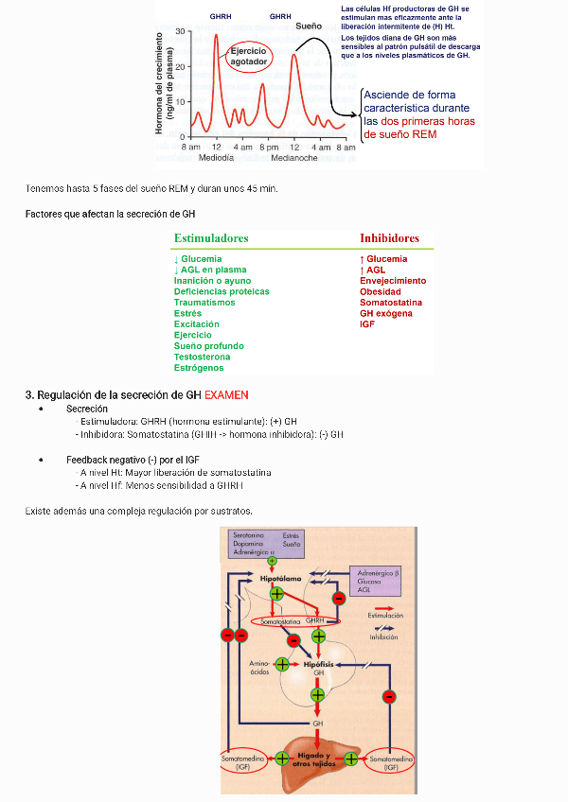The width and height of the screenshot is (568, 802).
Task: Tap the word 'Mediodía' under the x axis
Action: click(216, 158)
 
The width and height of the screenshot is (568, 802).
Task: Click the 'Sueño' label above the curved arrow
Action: click(310, 26)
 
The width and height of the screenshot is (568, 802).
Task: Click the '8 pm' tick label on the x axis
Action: click(269, 148)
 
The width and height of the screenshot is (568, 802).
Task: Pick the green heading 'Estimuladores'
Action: click(211, 238)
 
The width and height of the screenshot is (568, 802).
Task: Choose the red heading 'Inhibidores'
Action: click(389, 238)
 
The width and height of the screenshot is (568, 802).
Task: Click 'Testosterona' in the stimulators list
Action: click(202, 357)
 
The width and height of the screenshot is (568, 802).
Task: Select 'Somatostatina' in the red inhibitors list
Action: click(390, 303)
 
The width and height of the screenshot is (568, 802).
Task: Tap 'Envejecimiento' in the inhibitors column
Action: click(393, 281)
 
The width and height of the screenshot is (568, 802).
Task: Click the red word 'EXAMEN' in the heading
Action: click(226, 394)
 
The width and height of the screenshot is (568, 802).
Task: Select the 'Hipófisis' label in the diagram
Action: click(318, 665)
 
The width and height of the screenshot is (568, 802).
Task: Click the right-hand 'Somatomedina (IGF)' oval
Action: click(390, 762)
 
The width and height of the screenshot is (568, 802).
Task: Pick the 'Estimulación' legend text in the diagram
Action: click(384, 615)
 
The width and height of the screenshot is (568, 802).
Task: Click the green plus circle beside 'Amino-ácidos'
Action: click(281, 664)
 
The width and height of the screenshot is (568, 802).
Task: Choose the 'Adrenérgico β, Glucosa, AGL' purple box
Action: click(376, 581)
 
